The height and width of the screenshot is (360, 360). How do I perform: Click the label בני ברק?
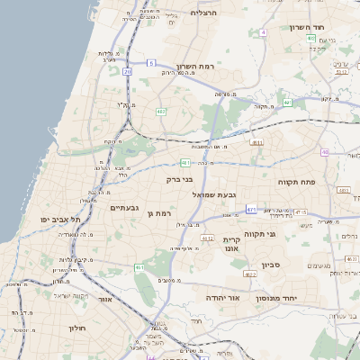coord(181,179)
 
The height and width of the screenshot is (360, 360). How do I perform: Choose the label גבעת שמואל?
coord(214,194)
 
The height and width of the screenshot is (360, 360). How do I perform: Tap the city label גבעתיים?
coord(124,208)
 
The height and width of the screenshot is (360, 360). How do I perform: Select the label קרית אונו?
coord(232,245)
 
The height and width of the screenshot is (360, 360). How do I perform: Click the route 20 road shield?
coord(128,71)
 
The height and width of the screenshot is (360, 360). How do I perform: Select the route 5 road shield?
coord(153,63)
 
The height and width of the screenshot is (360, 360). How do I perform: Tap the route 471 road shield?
coord(251,210)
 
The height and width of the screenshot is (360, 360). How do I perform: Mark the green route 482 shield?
coord(161,112)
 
